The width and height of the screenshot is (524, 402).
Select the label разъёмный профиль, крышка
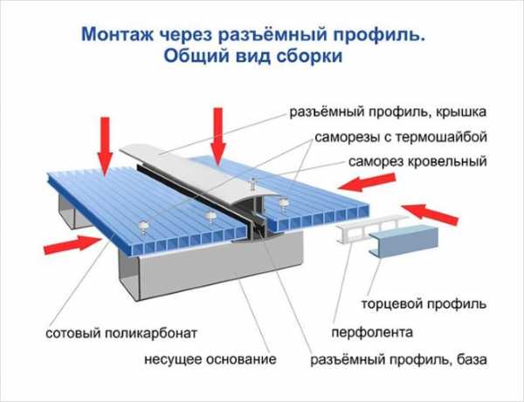pyautogui.click(x=388, y=112)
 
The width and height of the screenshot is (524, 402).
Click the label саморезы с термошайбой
pyautogui.click(x=401, y=137)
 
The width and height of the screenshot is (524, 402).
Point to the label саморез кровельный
pyautogui.click(x=417, y=161)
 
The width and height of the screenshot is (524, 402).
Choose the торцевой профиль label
pyautogui.click(x=424, y=304)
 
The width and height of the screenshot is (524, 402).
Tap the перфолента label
pyautogui.click(x=372, y=332)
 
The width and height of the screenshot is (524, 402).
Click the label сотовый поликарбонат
pyautogui.click(x=121, y=333)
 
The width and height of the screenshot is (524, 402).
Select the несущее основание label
pyautogui.click(x=210, y=359)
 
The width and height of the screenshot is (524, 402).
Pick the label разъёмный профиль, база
pyautogui.click(x=398, y=359)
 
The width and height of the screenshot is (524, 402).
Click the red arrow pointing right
pyautogui.click(x=72, y=243)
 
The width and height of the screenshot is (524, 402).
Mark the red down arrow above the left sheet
pyautogui.click(x=105, y=146)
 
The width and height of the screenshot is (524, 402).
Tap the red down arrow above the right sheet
pyautogui.click(x=217, y=136)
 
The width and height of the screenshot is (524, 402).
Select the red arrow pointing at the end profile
pyautogui.click(x=430, y=214)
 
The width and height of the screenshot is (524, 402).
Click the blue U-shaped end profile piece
pyautogui.click(x=403, y=240)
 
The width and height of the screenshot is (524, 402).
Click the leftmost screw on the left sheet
pyautogui.click(x=144, y=227)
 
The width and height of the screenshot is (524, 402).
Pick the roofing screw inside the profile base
pyautogui.click(x=253, y=185)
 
